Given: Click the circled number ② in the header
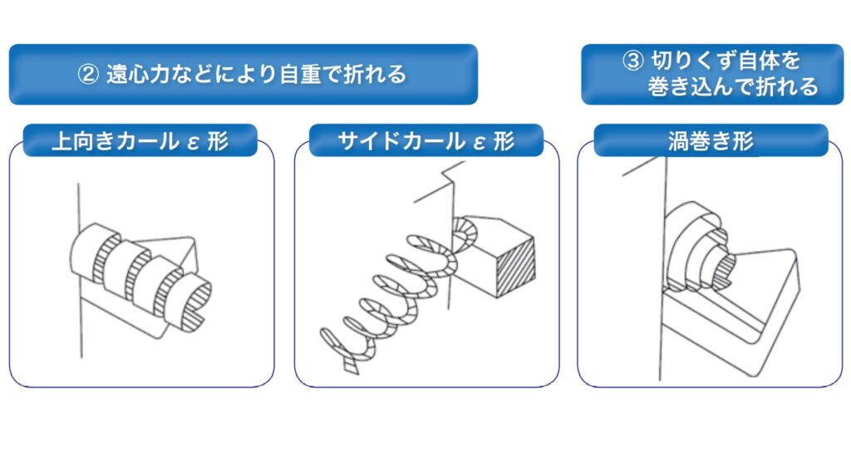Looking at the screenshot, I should (89, 74).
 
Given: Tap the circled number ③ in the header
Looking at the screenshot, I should (632, 61).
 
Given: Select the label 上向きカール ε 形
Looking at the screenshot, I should (140, 141).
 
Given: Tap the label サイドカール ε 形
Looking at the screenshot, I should (426, 141).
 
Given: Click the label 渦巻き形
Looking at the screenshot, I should (711, 141).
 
